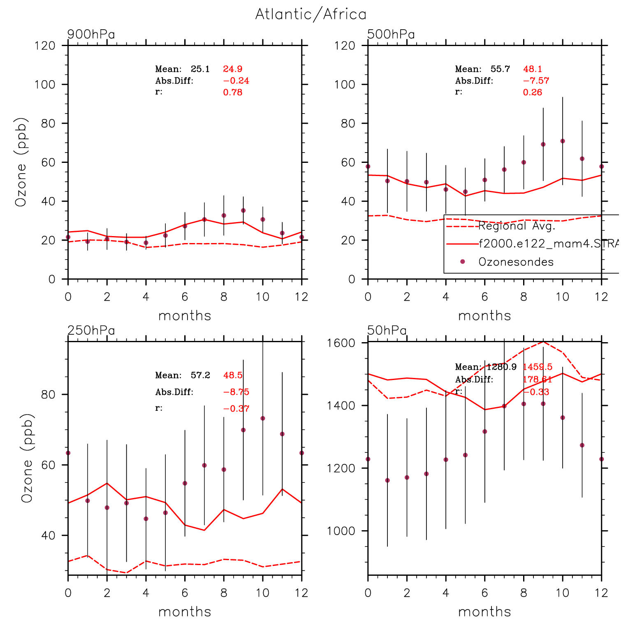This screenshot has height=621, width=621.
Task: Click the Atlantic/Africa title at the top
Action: (310, 14)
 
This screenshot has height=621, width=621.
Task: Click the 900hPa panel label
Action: (91, 34)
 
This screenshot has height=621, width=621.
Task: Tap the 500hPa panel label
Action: (391, 34)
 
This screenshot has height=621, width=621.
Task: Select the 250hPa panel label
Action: (91, 330)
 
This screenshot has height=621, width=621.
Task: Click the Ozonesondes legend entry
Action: (516, 262)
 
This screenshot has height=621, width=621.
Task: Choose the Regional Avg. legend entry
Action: (517, 226)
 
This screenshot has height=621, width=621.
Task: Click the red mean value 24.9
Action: (233, 69)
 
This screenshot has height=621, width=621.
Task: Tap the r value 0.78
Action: (233, 93)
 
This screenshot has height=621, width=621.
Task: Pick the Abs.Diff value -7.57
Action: (536, 81)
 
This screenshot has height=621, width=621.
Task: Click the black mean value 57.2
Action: (200, 375)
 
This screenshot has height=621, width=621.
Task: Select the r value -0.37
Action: (236, 408)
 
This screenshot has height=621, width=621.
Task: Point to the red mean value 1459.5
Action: (538, 367)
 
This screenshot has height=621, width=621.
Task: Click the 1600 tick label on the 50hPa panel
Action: (341, 343)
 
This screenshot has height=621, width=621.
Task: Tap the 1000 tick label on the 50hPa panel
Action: (341, 531)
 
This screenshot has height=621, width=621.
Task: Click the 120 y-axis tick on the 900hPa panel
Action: (45, 46)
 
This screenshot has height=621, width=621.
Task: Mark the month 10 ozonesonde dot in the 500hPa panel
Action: (563, 141)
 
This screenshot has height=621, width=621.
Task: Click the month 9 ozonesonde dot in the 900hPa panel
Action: (243, 211)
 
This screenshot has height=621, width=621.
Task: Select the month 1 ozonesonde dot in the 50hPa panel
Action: (387, 480)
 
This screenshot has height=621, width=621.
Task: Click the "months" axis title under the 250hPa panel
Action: (185, 612)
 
